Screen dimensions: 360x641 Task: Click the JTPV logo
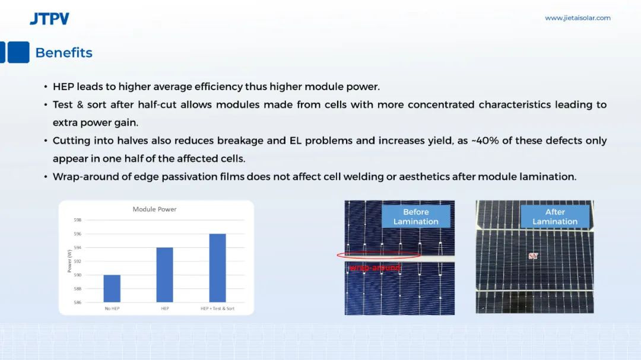(49, 18)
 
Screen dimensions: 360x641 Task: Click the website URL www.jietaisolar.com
(577, 18)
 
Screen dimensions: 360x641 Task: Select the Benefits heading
(64, 53)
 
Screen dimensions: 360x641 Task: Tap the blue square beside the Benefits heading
(18, 52)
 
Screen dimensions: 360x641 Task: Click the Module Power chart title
(154, 209)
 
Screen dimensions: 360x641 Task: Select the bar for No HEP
(112, 289)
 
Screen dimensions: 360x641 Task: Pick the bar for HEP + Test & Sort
(217, 268)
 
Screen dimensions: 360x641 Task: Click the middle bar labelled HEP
(164, 275)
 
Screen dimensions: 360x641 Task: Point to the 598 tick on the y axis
(78, 220)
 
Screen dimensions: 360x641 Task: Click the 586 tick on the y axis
(78, 302)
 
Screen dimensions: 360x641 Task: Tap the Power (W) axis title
(69, 262)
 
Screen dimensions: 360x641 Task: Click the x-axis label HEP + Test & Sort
(217, 308)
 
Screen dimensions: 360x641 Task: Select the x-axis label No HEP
(112, 308)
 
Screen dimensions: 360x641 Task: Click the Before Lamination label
(415, 216)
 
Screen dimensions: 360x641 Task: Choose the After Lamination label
(555, 216)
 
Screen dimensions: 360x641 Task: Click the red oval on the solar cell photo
(379, 256)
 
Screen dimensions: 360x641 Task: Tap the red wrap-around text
(375, 268)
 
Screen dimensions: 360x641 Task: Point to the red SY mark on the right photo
(533, 256)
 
